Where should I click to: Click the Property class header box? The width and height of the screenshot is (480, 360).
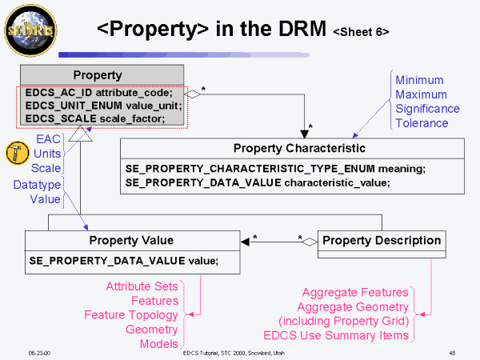97,75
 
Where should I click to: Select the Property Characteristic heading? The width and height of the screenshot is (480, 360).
299,148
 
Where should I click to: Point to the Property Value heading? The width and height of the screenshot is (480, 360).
130,241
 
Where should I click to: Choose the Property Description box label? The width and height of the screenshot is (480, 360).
381,240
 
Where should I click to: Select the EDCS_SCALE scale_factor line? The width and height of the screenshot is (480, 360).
95,118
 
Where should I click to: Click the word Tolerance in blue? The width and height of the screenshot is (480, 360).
422,123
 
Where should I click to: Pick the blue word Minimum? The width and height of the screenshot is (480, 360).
419,80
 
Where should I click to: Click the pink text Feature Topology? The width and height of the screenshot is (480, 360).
131,314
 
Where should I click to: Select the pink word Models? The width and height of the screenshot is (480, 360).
160,343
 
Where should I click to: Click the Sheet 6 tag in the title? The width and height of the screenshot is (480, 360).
361,33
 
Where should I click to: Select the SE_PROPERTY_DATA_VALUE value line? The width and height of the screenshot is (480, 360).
122,260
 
